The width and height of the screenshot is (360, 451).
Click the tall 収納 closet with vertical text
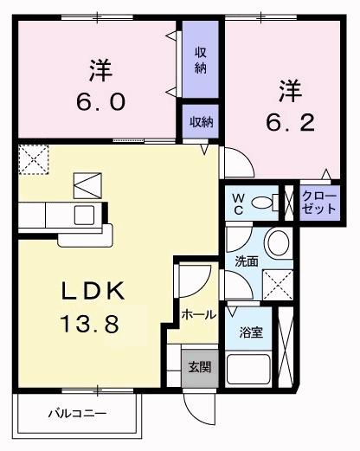coord(200,60)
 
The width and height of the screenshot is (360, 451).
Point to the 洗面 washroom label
coord(247,261)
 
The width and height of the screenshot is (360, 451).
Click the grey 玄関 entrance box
coord(198,366)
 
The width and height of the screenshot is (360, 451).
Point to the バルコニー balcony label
coord(77,414)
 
